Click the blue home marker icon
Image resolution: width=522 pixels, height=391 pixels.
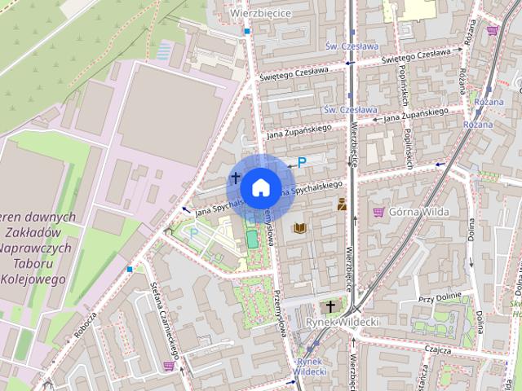point(259,188)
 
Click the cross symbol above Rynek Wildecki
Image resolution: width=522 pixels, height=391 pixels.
point(330,306)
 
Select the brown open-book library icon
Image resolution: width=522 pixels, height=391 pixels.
point(299,228)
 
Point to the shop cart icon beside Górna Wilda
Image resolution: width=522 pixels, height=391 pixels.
point(378,212)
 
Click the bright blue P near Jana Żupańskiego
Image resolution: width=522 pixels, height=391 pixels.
point(302,163)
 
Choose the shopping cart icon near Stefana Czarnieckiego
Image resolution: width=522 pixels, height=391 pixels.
point(168,366)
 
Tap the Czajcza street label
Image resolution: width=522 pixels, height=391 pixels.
point(438,348)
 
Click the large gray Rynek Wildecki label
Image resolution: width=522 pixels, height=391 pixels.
point(343,323)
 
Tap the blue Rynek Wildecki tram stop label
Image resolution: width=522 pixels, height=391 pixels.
point(310,366)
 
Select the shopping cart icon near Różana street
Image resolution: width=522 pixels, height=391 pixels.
point(493,31)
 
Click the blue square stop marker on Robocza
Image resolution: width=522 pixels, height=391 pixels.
point(130,268)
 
